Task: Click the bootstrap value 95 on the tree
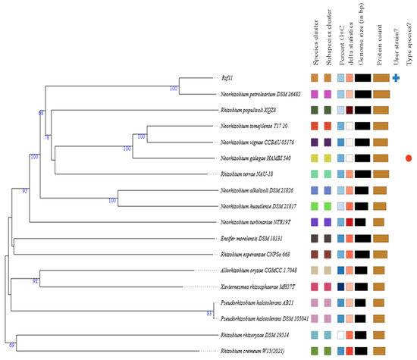pos(25,191)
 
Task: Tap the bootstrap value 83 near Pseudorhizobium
pos(210,313)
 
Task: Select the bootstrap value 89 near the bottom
pos(11,345)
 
